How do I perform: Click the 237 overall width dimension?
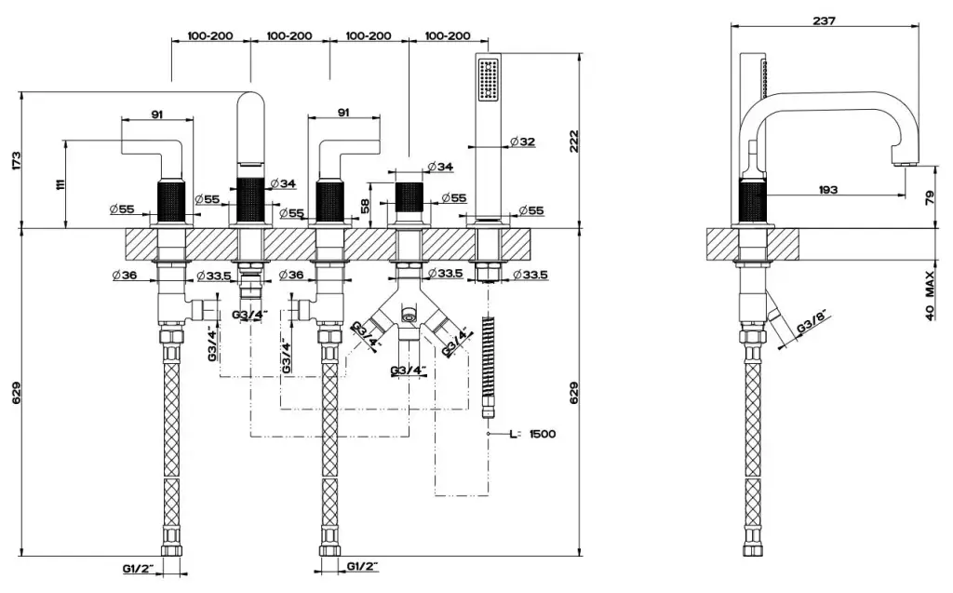[x=824, y=20]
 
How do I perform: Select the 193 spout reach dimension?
[x=827, y=189]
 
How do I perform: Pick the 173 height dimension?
[x=11, y=159]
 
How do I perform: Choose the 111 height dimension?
[x=60, y=184]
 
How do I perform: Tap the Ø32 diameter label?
[x=522, y=142]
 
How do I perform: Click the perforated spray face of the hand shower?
[x=487, y=80]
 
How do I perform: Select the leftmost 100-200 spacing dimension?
[x=210, y=36]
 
